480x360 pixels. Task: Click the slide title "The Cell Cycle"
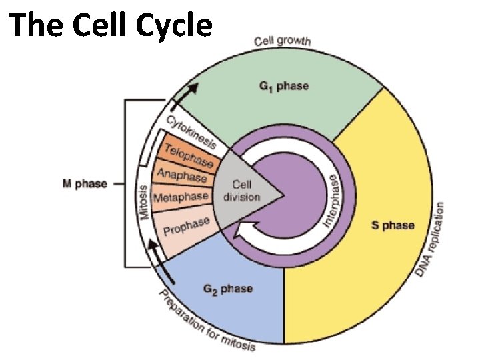click(111, 26)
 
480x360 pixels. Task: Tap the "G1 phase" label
click(283, 87)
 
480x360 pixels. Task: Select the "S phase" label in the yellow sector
click(392, 225)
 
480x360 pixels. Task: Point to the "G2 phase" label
click(227, 289)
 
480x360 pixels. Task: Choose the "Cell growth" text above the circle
click(283, 41)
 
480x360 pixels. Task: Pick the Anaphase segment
click(182, 176)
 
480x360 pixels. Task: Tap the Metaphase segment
click(181, 198)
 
